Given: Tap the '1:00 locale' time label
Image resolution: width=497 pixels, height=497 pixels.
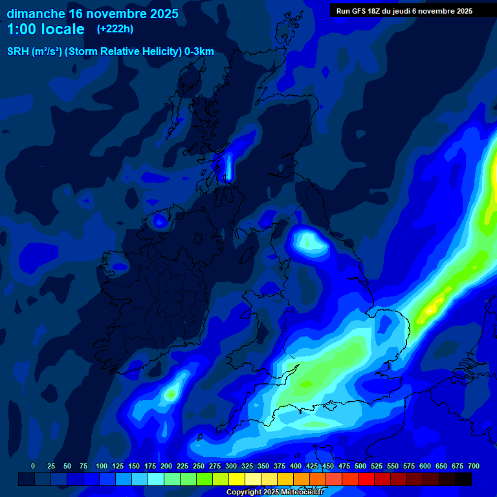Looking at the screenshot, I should (x=46, y=29).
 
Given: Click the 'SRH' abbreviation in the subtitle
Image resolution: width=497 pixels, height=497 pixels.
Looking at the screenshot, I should (x=18, y=52).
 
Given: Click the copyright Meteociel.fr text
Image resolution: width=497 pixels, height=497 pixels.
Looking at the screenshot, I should (x=284, y=492).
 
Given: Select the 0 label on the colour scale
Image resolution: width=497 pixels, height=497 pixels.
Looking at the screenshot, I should (x=33, y=467).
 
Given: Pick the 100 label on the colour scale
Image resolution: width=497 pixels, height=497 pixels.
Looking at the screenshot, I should (x=102, y=467).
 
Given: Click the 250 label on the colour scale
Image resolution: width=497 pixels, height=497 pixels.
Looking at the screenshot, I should (x=199, y=467).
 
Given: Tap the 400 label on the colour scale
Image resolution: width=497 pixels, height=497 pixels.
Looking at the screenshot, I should (x=296, y=467).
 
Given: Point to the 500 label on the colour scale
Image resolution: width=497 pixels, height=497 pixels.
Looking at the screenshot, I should (x=360, y=467).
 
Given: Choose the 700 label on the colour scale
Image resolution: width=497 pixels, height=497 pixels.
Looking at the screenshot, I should (x=474, y=467).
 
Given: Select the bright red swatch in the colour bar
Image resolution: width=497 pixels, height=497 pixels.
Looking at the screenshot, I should (x=366, y=479).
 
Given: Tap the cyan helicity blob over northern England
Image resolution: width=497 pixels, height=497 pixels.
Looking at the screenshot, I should (x=307, y=242).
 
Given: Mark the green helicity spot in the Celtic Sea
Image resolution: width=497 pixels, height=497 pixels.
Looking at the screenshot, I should (x=171, y=392).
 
